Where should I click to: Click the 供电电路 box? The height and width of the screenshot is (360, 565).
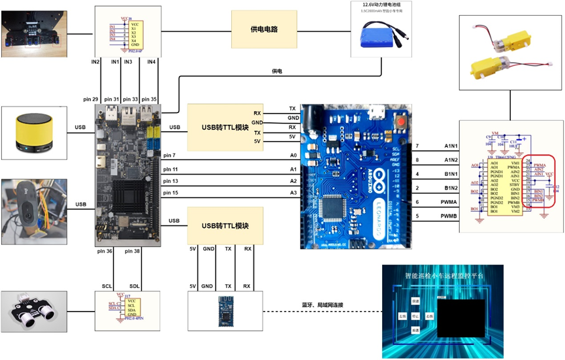point(263,30)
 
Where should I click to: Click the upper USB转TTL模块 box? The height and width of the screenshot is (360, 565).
point(221,127)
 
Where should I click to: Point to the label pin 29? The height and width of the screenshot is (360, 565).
point(91,99)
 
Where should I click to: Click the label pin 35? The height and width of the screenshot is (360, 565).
point(150,99)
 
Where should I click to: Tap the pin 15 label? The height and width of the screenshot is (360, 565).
point(170,192)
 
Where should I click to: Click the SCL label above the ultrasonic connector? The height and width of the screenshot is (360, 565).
point(107,286)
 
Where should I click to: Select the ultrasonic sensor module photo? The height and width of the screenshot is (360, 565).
point(34,315)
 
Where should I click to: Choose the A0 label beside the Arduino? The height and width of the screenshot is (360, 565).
point(294,155)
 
